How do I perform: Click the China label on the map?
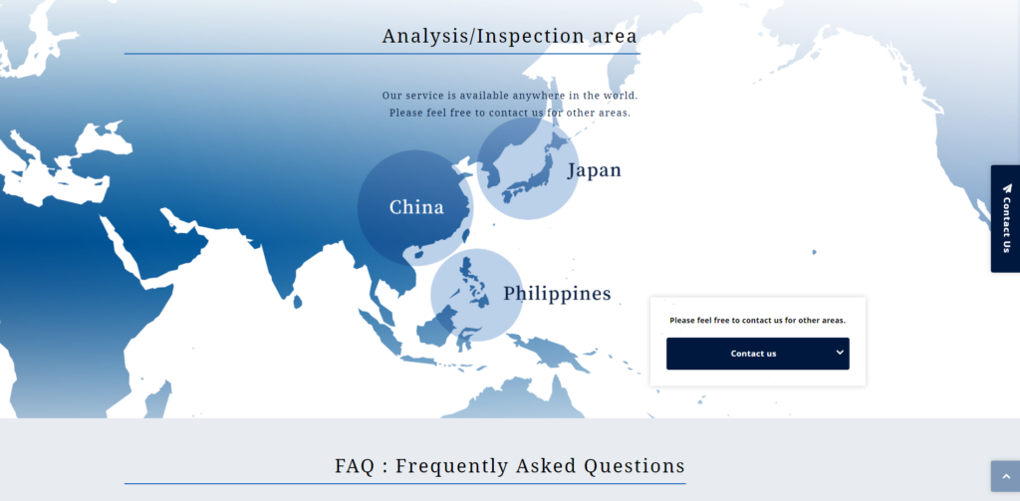pos(416,207)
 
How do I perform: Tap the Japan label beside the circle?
pos(595,170)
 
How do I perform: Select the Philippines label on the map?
pos(557,294)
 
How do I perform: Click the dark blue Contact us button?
pos(757,354)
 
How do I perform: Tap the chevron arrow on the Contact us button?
pos(840,352)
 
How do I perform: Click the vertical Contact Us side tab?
pos(1005,218)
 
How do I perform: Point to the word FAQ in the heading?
pos(355,466)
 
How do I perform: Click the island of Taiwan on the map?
pos(464,235)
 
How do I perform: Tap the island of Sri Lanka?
pos(298,302)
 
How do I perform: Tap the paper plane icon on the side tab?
pos(1007,188)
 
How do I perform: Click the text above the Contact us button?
pos(757,320)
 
